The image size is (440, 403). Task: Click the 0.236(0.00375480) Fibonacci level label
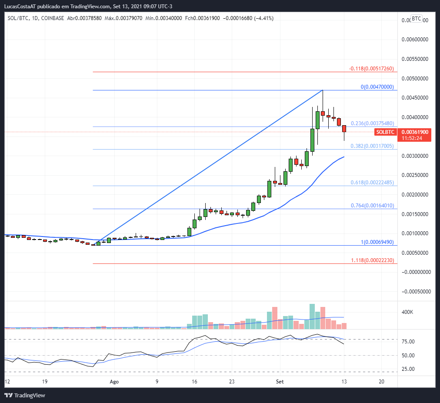tap(372, 123)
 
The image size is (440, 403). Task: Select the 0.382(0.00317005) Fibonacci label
tap(372, 146)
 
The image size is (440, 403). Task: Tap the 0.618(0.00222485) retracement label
tap(372, 183)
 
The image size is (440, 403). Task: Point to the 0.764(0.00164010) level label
tap(372, 206)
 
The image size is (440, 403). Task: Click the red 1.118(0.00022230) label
tap(372, 260)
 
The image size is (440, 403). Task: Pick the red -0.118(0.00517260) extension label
tap(371, 69)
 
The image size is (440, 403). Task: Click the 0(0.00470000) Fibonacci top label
tap(377, 87)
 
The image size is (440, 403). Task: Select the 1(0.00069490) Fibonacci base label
tap(377, 242)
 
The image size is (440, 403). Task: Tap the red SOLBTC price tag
tap(385, 132)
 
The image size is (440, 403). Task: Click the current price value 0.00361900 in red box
tap(415, 132)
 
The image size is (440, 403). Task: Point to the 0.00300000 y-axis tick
tap(415, 156)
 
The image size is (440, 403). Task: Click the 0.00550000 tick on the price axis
tap(415, 59)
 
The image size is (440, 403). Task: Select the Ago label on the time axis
tap(114, 381)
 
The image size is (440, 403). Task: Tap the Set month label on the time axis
tap(280, 381)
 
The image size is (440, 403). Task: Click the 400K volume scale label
tap(407, 312)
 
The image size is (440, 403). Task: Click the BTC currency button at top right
tap(416, 19)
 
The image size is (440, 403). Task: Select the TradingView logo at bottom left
tap(25, 395)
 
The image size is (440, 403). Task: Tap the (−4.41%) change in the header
tap(261, 18)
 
